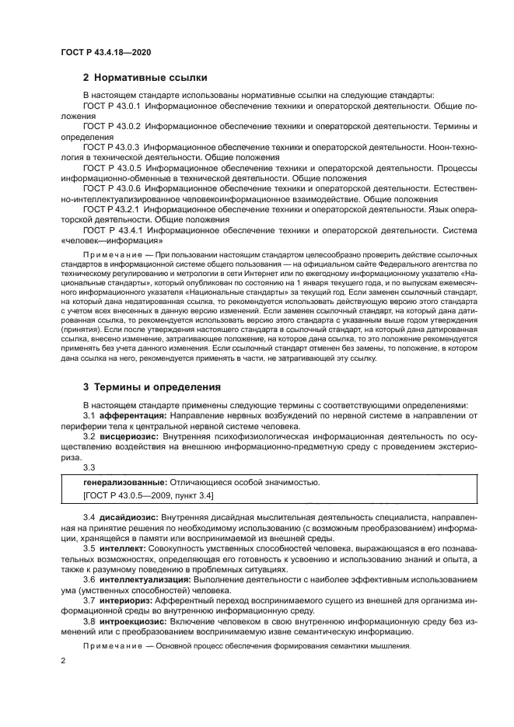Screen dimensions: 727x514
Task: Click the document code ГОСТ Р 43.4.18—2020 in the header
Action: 105,52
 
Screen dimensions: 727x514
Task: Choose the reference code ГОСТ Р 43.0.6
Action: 111,188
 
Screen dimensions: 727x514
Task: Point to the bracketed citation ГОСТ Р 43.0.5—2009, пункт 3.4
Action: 148,496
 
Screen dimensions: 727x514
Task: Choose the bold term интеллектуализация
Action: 141,579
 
